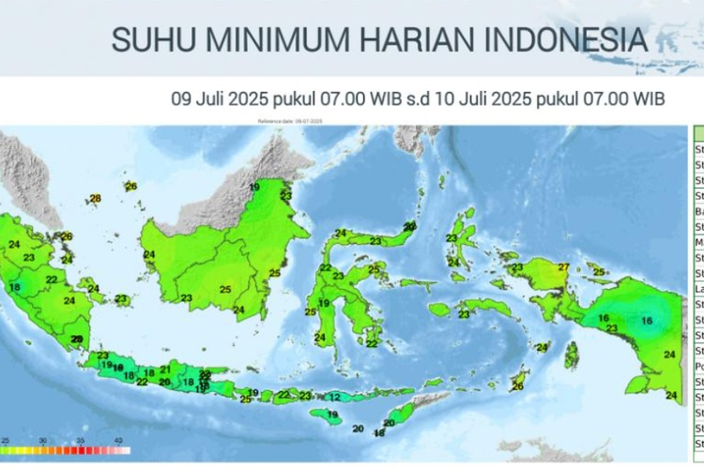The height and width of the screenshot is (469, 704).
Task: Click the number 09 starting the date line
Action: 181,98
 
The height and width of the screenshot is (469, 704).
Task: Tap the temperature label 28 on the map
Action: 95,198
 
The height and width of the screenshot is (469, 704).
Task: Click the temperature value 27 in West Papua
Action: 563,268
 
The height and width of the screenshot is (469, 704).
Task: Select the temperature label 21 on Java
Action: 164,369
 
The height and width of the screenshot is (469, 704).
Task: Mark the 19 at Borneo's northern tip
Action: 254,188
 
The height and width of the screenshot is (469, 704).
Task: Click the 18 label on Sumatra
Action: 14,287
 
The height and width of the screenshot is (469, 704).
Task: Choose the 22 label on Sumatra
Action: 51,280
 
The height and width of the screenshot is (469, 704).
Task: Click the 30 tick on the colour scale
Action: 43,440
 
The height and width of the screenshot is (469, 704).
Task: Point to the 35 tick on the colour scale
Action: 81,440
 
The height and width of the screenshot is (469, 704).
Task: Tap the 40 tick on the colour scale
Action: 118,440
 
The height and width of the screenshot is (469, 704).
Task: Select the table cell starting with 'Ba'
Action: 698,212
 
